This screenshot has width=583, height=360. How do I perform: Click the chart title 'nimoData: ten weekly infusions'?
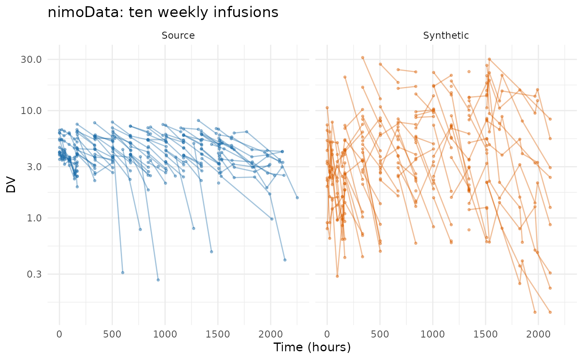click(163, 12)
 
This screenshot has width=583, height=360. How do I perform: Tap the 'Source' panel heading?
click(178, 35)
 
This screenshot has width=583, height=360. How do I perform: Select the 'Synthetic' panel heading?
click(446, 35)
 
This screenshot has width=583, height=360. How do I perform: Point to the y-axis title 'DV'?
click(11, 184)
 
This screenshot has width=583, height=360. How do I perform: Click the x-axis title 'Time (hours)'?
click(312, 347)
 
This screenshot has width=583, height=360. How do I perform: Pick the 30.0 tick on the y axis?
click(31, 60)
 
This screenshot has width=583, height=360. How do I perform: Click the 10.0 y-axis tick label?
click(31, 111)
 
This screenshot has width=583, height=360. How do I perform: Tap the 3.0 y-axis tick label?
click(34, 167)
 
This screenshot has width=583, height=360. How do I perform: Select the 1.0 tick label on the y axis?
click(34, 218)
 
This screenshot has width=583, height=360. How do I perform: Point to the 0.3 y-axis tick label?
click(34, 274)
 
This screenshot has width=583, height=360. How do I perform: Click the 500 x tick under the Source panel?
click(112, 334)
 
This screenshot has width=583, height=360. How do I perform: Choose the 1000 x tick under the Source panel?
click(165, 334)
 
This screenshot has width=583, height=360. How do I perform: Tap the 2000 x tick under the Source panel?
click(271, 334)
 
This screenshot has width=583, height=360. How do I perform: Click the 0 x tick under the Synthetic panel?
click(327, 334)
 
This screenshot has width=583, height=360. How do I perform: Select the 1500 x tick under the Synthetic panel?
click(486, 334)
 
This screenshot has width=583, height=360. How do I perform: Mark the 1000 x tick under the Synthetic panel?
click(433, 334)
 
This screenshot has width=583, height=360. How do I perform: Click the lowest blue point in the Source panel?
click(158, 280)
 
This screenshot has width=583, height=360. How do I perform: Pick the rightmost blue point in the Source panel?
click(297, 198)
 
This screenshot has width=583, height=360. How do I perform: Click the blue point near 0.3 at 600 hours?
click(123, 273)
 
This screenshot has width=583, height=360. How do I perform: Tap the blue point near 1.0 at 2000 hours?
click(272, 219)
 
